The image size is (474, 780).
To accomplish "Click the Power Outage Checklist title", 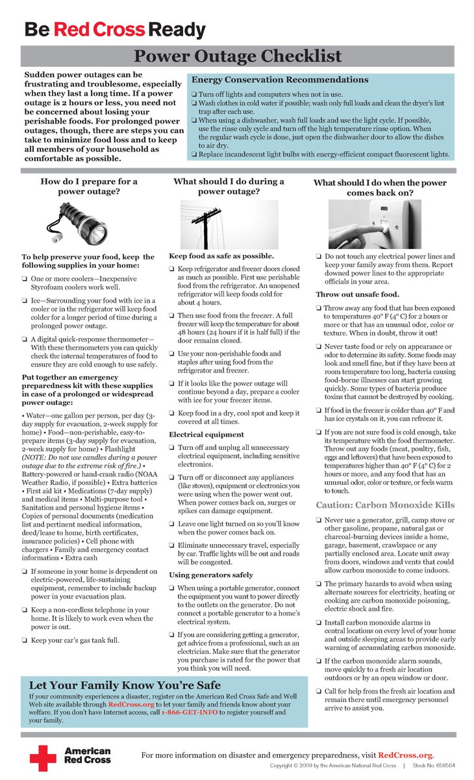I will [237, 56].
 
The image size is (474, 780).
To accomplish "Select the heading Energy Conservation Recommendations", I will [280, 80].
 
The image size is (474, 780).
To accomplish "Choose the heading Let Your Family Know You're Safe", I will [125, 685].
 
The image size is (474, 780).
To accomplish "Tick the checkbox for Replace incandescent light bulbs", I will [194, 155].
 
